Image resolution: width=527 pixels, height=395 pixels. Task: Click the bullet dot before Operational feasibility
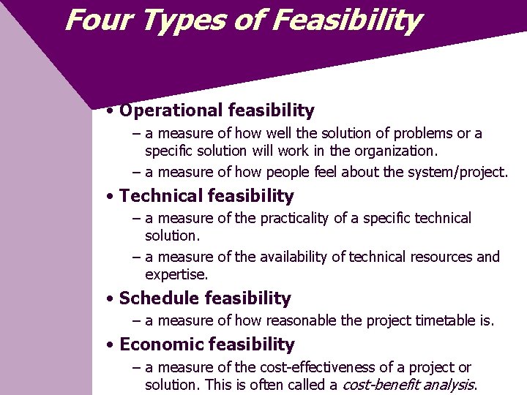108,112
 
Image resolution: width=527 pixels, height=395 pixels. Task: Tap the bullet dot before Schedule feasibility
108,299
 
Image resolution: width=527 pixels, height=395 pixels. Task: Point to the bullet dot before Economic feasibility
108,345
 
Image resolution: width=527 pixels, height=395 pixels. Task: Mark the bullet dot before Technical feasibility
108,197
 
